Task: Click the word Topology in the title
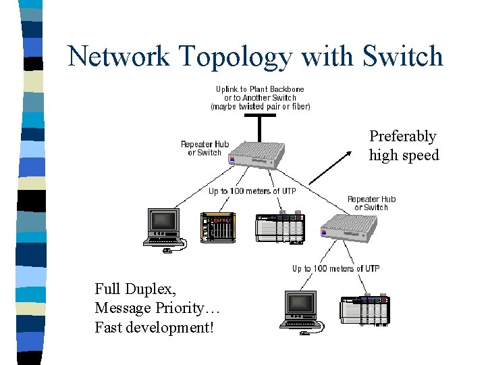pyautogui.click(x=234, y=57)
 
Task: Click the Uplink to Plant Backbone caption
pyautogui.click(x=260, y=89)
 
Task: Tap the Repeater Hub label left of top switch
pyautogui.click(x=205, y=148)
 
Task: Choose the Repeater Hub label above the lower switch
pyautogui.click(x=371, y=203)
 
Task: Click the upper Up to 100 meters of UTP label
pyautogui.click(x=252, y=191)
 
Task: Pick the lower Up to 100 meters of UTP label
pyautogui.click(x=335, y=268)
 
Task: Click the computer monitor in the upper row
pyautogui.click(x=164, y=226)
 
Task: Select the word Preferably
pyautogui.click(x=402, y=137)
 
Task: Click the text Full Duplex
pyautogui.click(x=136, y=289)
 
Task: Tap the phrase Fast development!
pyautogui.click(x=153, y=327)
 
